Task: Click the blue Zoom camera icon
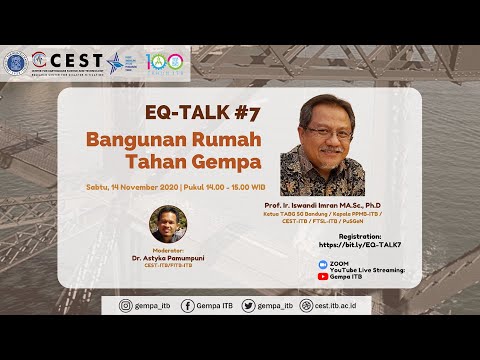tap(323, 262)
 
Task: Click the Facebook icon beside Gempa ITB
tap(188, 305)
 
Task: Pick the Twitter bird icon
tap(248, 305)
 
